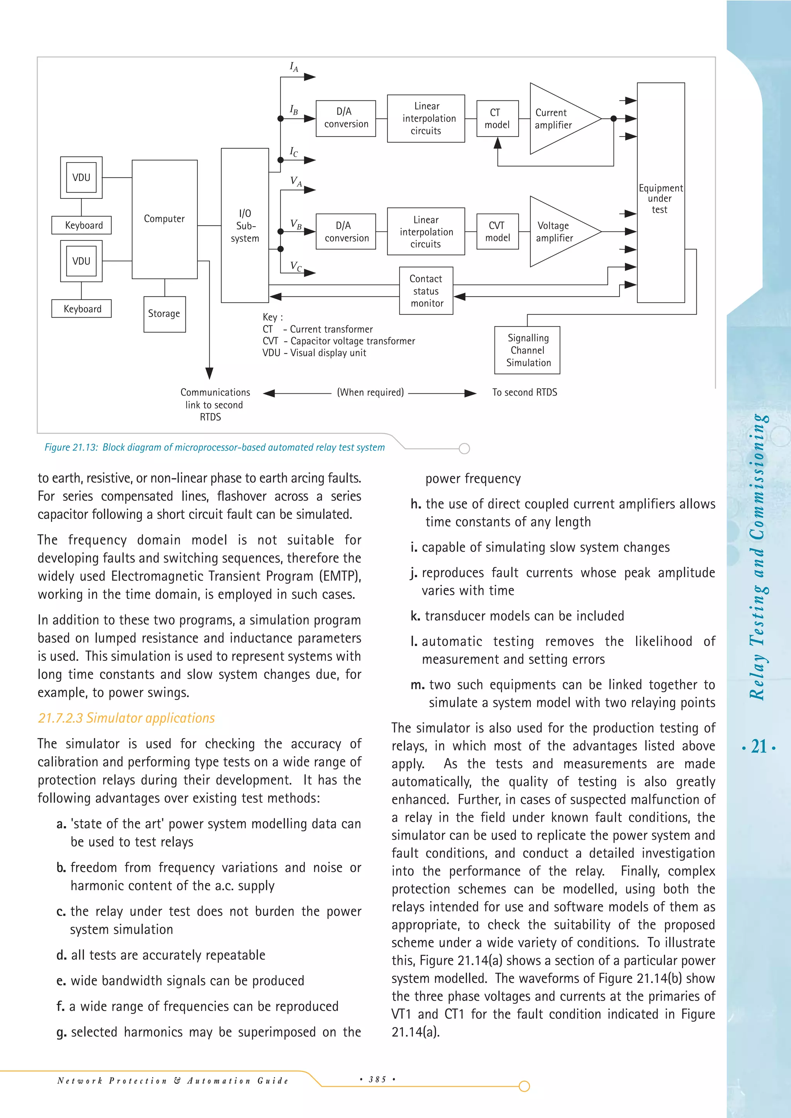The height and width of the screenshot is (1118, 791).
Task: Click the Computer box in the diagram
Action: coord(165,219)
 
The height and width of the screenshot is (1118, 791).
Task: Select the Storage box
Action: coord(164,314)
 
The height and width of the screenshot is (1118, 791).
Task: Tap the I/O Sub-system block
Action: coord(244,225)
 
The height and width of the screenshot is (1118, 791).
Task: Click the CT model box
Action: coord(497,119)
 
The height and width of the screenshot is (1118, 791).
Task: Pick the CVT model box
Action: coord(497,232)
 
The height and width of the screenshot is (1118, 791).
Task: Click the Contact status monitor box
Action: coord(426,291)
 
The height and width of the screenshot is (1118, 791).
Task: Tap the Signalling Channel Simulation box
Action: coord(528,350)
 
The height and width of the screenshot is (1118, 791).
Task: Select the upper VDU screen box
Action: coord(81,178)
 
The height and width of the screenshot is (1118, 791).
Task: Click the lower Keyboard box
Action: coord(82,309)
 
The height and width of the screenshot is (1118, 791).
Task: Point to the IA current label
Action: coord(294,67)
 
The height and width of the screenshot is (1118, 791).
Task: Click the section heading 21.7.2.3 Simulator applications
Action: coord(126,718)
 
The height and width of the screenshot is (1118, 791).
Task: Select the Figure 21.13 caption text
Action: coord(214,447)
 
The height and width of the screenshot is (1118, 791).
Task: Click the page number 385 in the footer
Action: coord(377,1079)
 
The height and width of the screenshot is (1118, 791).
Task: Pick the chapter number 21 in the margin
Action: coord(759,747)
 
